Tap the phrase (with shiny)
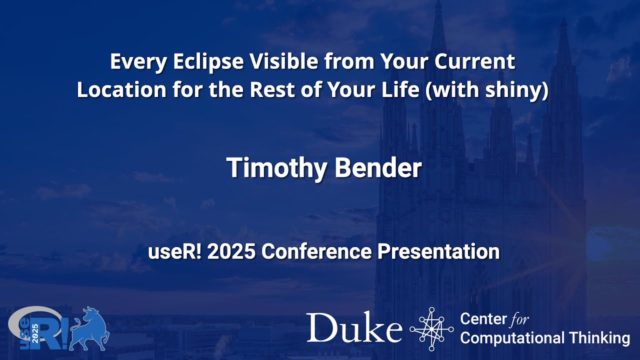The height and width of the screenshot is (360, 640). point(486,90)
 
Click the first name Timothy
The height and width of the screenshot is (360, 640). point(277,168)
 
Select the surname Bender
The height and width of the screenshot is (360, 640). point(378,168)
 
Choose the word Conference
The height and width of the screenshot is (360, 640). point(316,251)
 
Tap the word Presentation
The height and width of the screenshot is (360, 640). point(438,251)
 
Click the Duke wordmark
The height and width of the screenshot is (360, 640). point(354,328)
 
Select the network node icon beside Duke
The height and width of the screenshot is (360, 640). point(431,328)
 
